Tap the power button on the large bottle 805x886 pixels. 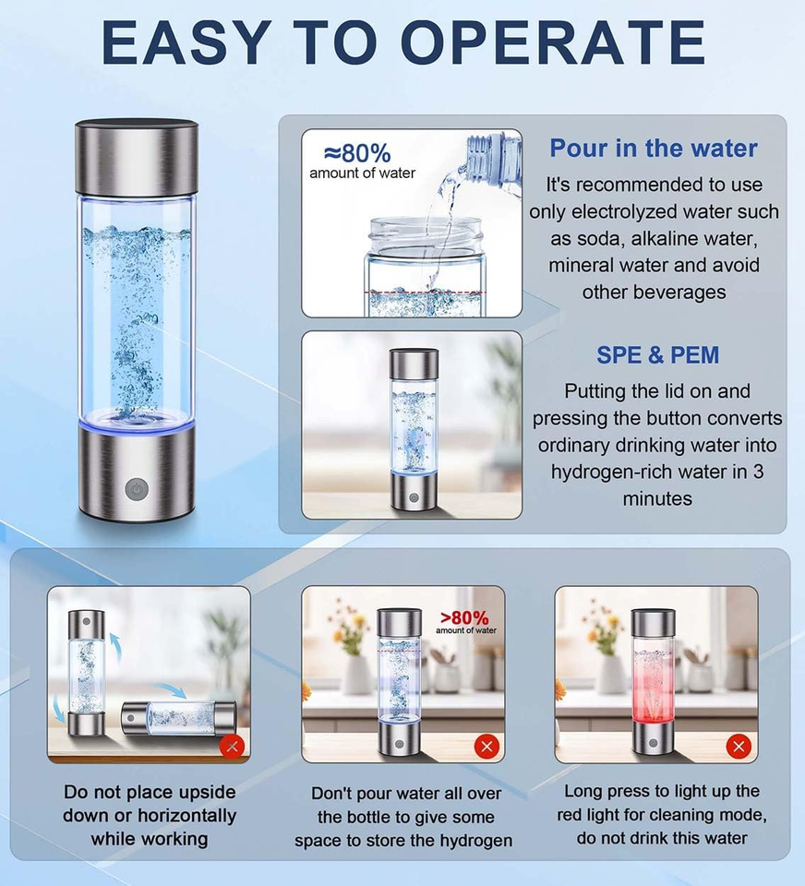(x=137, y=489)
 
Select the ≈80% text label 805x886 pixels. (x=357, y=152)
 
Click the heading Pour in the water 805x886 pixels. (x=654, y=148)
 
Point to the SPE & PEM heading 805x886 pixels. (x=657, y=354)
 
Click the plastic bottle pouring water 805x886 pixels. (x=489, y=162)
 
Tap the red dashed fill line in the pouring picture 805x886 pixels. (x=425, y=293)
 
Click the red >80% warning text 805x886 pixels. (x=464, y=617)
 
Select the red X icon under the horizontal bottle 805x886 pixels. (x=232, y=747)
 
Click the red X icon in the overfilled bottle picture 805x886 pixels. (x=487, y=747)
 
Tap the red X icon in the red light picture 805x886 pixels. (x=739, y=747)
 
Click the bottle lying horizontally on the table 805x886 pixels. (x=178, y=718)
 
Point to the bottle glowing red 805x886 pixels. (x=653, y=681)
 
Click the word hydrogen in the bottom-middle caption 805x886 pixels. (x=476, y=840)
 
